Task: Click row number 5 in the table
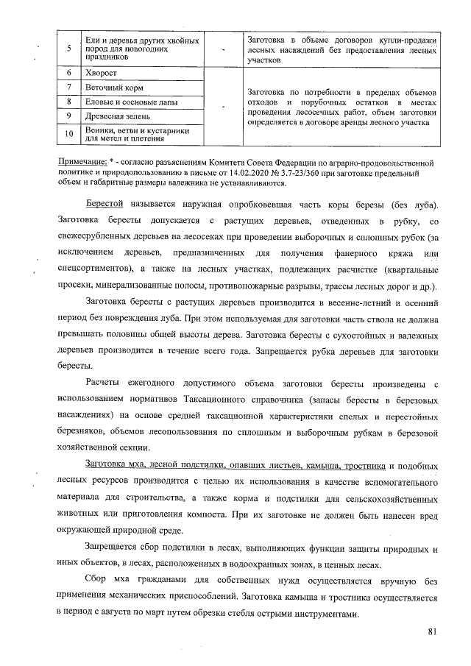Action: point(68,48)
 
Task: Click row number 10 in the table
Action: point(68,133)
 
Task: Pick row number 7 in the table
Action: point(68,88)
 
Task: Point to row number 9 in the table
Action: point(68,116)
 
